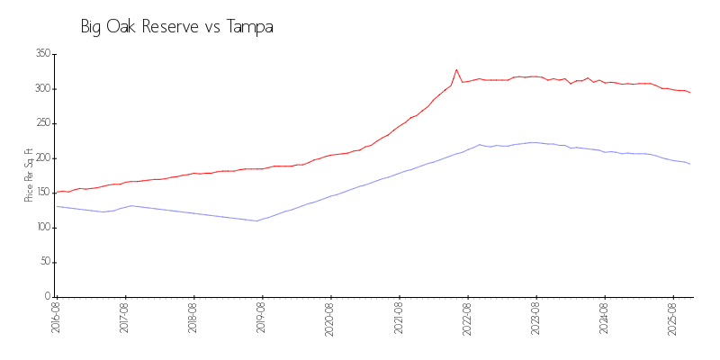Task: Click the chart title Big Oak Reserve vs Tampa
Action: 176,27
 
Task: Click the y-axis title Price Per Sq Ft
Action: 29,175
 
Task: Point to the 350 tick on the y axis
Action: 41,54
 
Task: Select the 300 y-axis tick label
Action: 41,89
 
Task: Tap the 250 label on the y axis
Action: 41,123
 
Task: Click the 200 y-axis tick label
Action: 41,158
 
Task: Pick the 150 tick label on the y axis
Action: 41,193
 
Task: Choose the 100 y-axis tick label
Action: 41,228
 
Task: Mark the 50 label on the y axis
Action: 44,262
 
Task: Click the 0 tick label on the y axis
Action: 47,297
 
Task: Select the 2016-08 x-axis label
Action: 56,319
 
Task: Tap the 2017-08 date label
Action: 124,319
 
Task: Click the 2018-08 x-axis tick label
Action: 193,319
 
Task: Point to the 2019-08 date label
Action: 262,319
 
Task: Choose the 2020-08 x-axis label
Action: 330,319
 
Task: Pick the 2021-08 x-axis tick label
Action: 399,319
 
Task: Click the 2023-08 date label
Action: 536,319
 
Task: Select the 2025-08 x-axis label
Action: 673,319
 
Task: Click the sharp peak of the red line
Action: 456,69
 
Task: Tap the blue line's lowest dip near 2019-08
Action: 256,220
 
